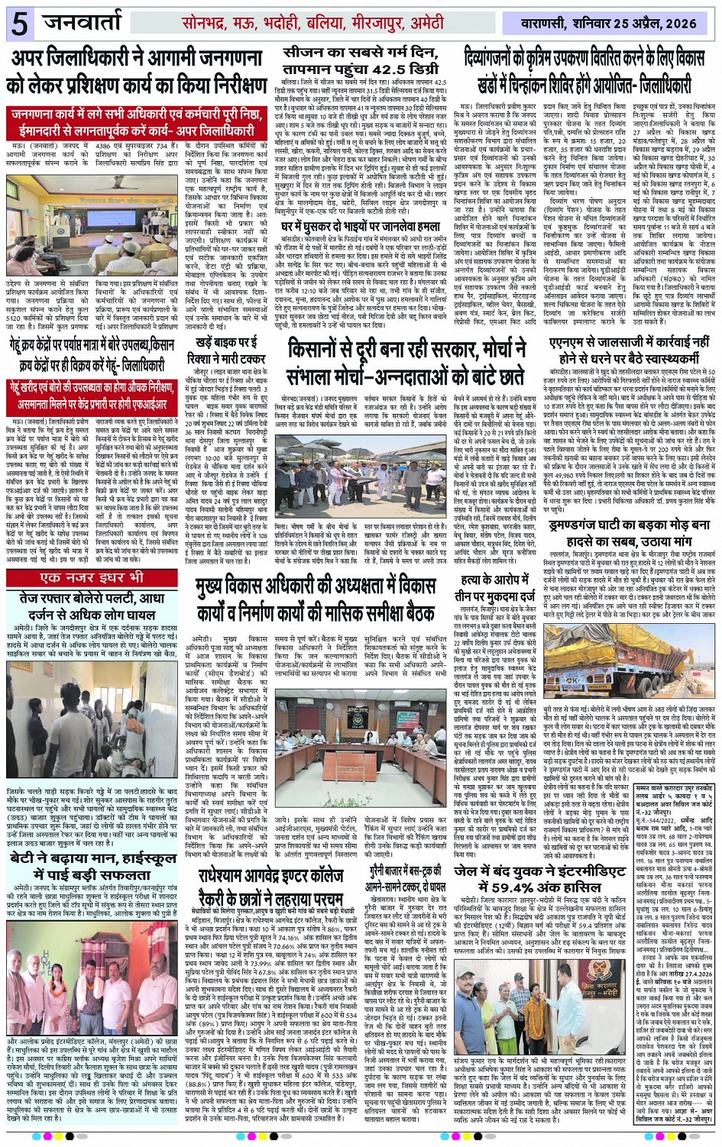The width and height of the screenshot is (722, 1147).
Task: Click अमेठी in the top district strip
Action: [422, 24]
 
